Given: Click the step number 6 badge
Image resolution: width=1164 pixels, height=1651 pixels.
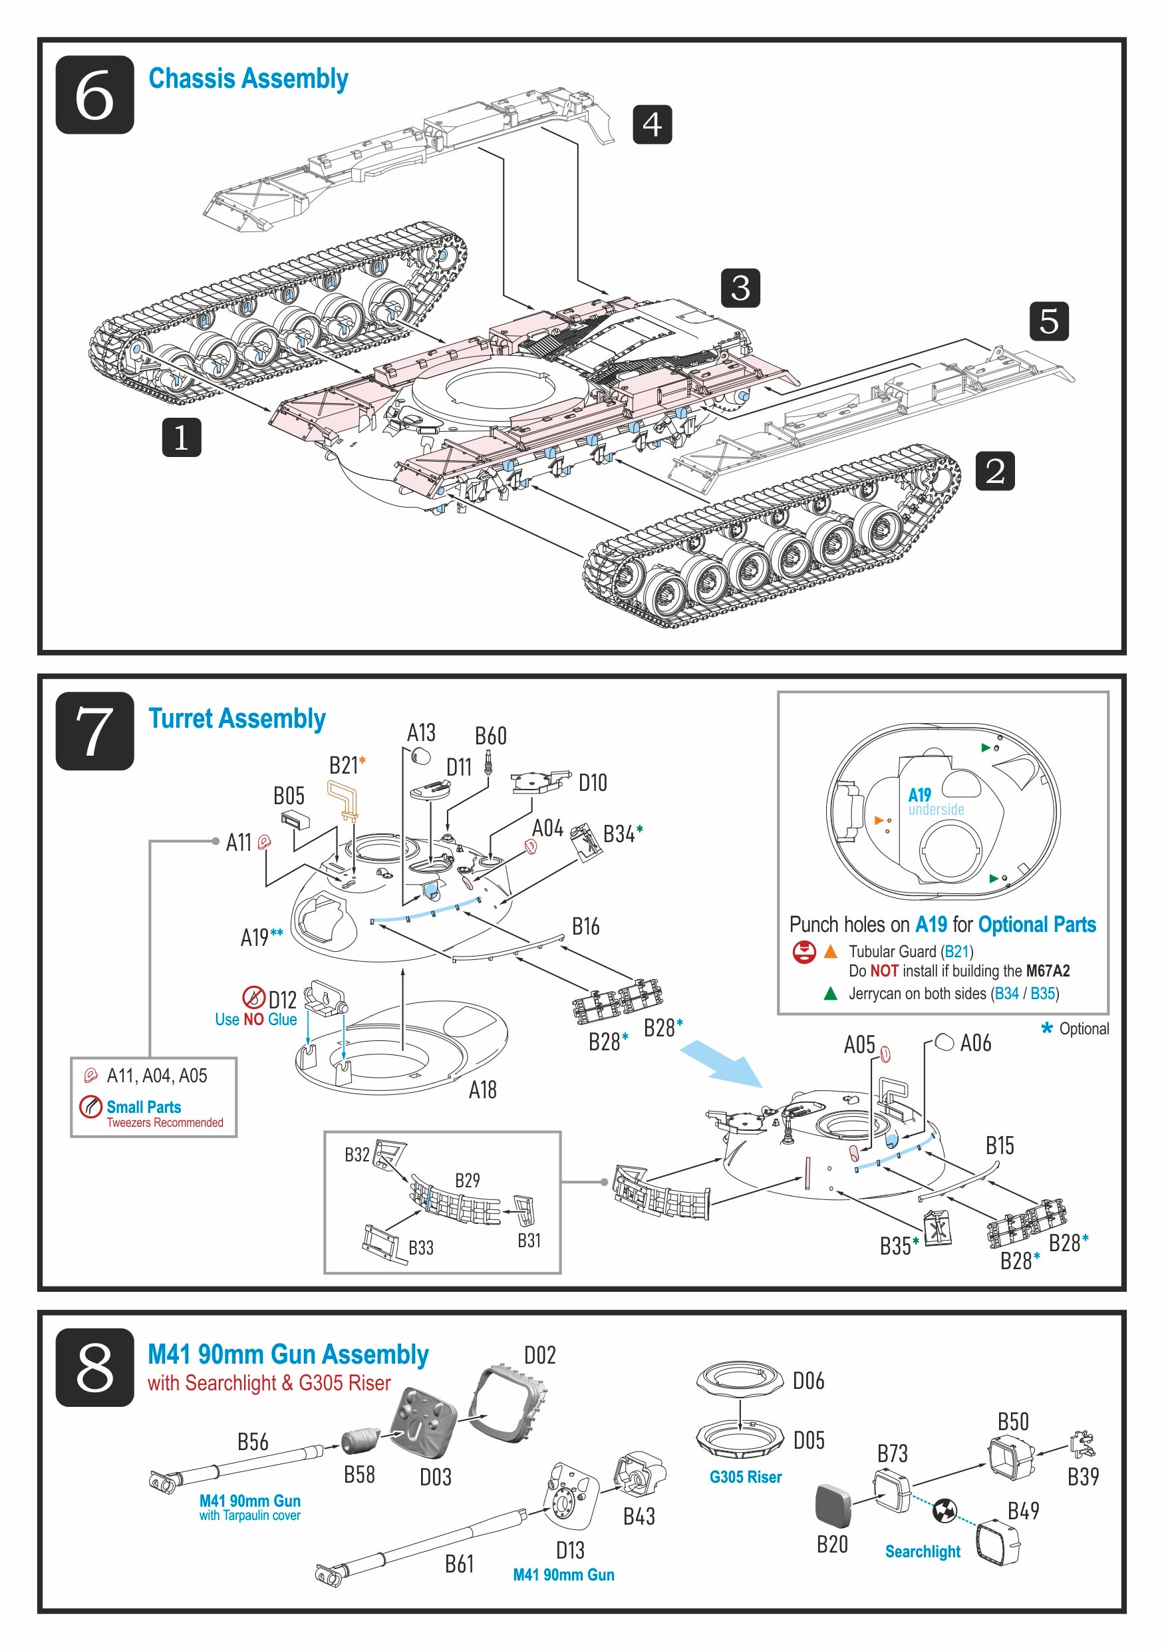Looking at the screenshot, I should (95, 94).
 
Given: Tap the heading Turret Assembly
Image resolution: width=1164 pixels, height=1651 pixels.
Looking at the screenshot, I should (237, 718).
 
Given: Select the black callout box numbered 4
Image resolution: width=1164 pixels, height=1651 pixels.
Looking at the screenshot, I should (651, 124).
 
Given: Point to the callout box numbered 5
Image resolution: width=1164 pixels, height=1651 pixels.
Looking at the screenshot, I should (1048, 321).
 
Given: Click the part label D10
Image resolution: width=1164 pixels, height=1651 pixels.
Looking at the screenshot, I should (593, 783).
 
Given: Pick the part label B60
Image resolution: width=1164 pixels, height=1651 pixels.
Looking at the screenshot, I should (490, 736).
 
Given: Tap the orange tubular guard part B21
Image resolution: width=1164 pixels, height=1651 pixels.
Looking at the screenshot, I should (344, 800).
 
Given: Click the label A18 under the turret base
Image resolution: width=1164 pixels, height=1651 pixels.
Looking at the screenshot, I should (482, 1090).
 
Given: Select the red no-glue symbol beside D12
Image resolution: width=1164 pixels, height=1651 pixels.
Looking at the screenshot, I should (253, 997).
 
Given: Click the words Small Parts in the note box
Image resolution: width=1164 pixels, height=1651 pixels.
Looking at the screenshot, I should (144, 1107).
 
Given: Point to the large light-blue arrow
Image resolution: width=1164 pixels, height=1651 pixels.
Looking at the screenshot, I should (721, 1062).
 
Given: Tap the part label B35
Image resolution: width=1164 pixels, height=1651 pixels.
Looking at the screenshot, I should (895, 1246).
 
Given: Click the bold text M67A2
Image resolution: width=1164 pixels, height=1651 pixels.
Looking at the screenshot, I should (1048, 971).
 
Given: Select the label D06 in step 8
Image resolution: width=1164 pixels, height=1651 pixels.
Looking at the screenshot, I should (808, 1381).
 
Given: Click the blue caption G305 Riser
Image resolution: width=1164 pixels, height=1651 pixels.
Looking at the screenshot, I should (745, 1477).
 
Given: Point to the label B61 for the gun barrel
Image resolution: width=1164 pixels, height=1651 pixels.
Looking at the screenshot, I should (460, 1564).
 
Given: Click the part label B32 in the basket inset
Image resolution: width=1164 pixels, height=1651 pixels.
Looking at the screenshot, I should (357, 1155).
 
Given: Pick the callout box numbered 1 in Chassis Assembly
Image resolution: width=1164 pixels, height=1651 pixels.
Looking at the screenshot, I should (181, 437).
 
